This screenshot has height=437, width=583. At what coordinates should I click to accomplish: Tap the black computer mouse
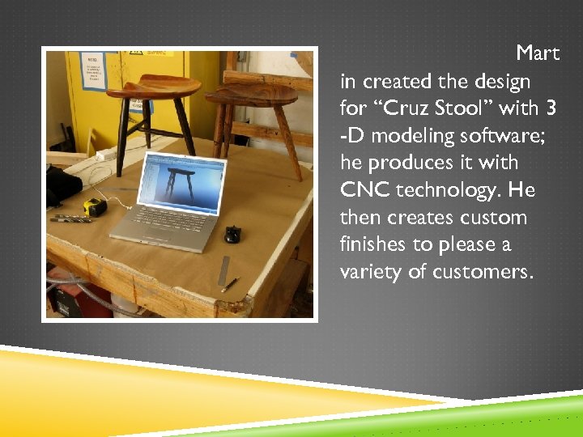click(x=233, y=235)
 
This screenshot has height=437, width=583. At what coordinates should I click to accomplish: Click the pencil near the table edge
click(x=230, y=284)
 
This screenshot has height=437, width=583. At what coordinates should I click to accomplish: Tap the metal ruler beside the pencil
click(x=223, y=270)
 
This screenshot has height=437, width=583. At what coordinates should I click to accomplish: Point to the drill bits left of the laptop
click(x=71, y=218)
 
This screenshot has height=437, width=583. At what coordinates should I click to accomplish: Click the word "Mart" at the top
click(x=538, y=54)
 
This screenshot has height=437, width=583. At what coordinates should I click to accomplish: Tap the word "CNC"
click(x=364, y=190)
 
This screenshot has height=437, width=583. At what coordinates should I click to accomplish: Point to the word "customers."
click(x=483, y=272)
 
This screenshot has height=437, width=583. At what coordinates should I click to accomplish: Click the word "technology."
click(x=457, y=190)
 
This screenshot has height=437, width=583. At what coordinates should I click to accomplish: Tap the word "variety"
click(x=371, y=272)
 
